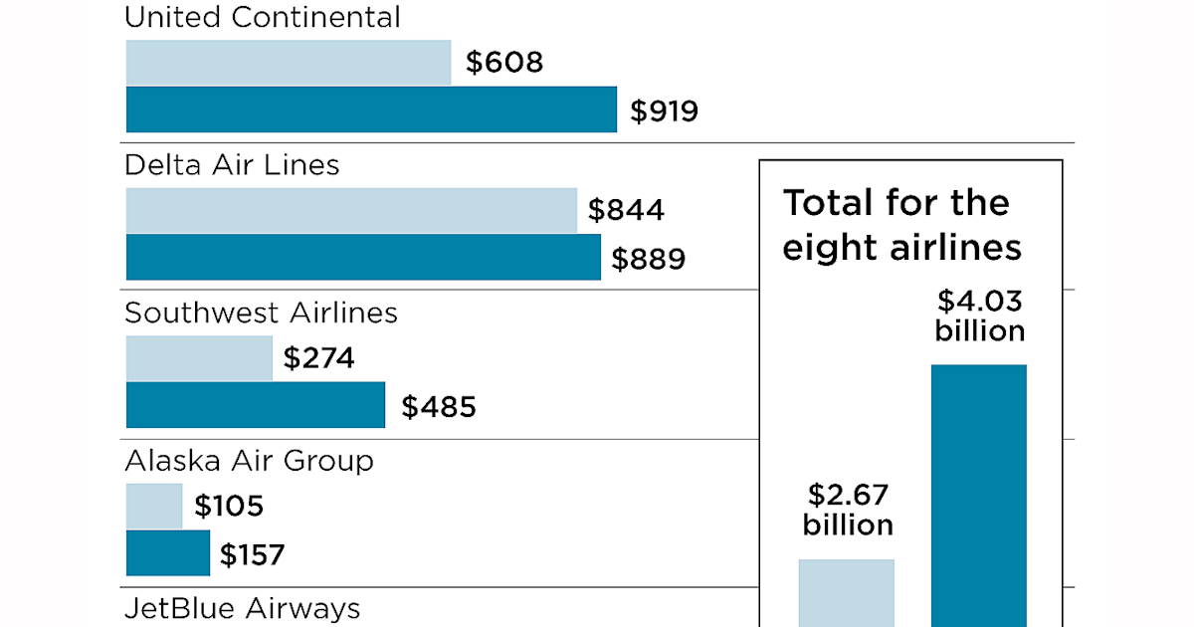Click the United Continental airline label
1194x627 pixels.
263,17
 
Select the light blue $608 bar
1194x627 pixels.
289,63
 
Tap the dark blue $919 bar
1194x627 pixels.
371,109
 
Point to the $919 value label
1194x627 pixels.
664,111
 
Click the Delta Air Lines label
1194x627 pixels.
232,164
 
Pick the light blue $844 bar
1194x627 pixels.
351,210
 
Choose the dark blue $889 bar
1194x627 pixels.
363,257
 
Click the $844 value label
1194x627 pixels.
626,211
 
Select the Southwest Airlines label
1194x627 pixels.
261,313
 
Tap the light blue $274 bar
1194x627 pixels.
199,358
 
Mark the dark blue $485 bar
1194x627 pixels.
256,405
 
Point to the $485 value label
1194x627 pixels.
439,407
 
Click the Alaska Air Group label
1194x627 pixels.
249,461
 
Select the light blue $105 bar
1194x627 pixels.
154,506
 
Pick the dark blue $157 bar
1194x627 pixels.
168,552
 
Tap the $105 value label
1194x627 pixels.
229,507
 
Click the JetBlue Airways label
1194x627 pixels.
242,608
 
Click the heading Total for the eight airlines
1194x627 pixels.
901,225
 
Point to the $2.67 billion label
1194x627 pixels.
847,510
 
